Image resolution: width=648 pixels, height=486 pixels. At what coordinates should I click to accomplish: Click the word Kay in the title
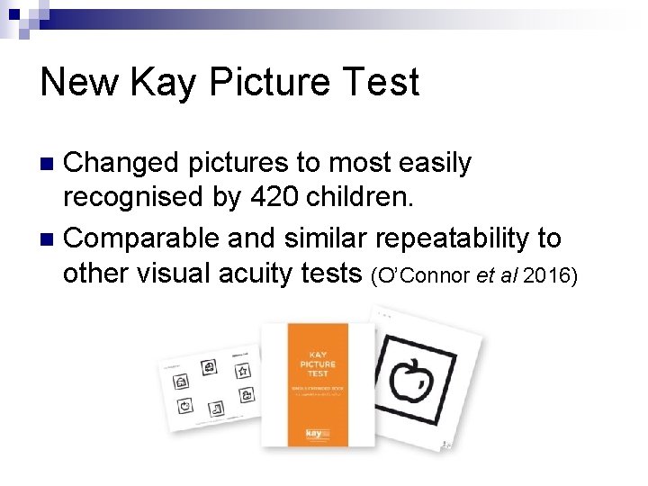point(165,83)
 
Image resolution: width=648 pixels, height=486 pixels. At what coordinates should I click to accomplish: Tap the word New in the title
point(79,83)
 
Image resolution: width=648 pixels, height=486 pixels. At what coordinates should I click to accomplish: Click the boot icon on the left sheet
point(216,409)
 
